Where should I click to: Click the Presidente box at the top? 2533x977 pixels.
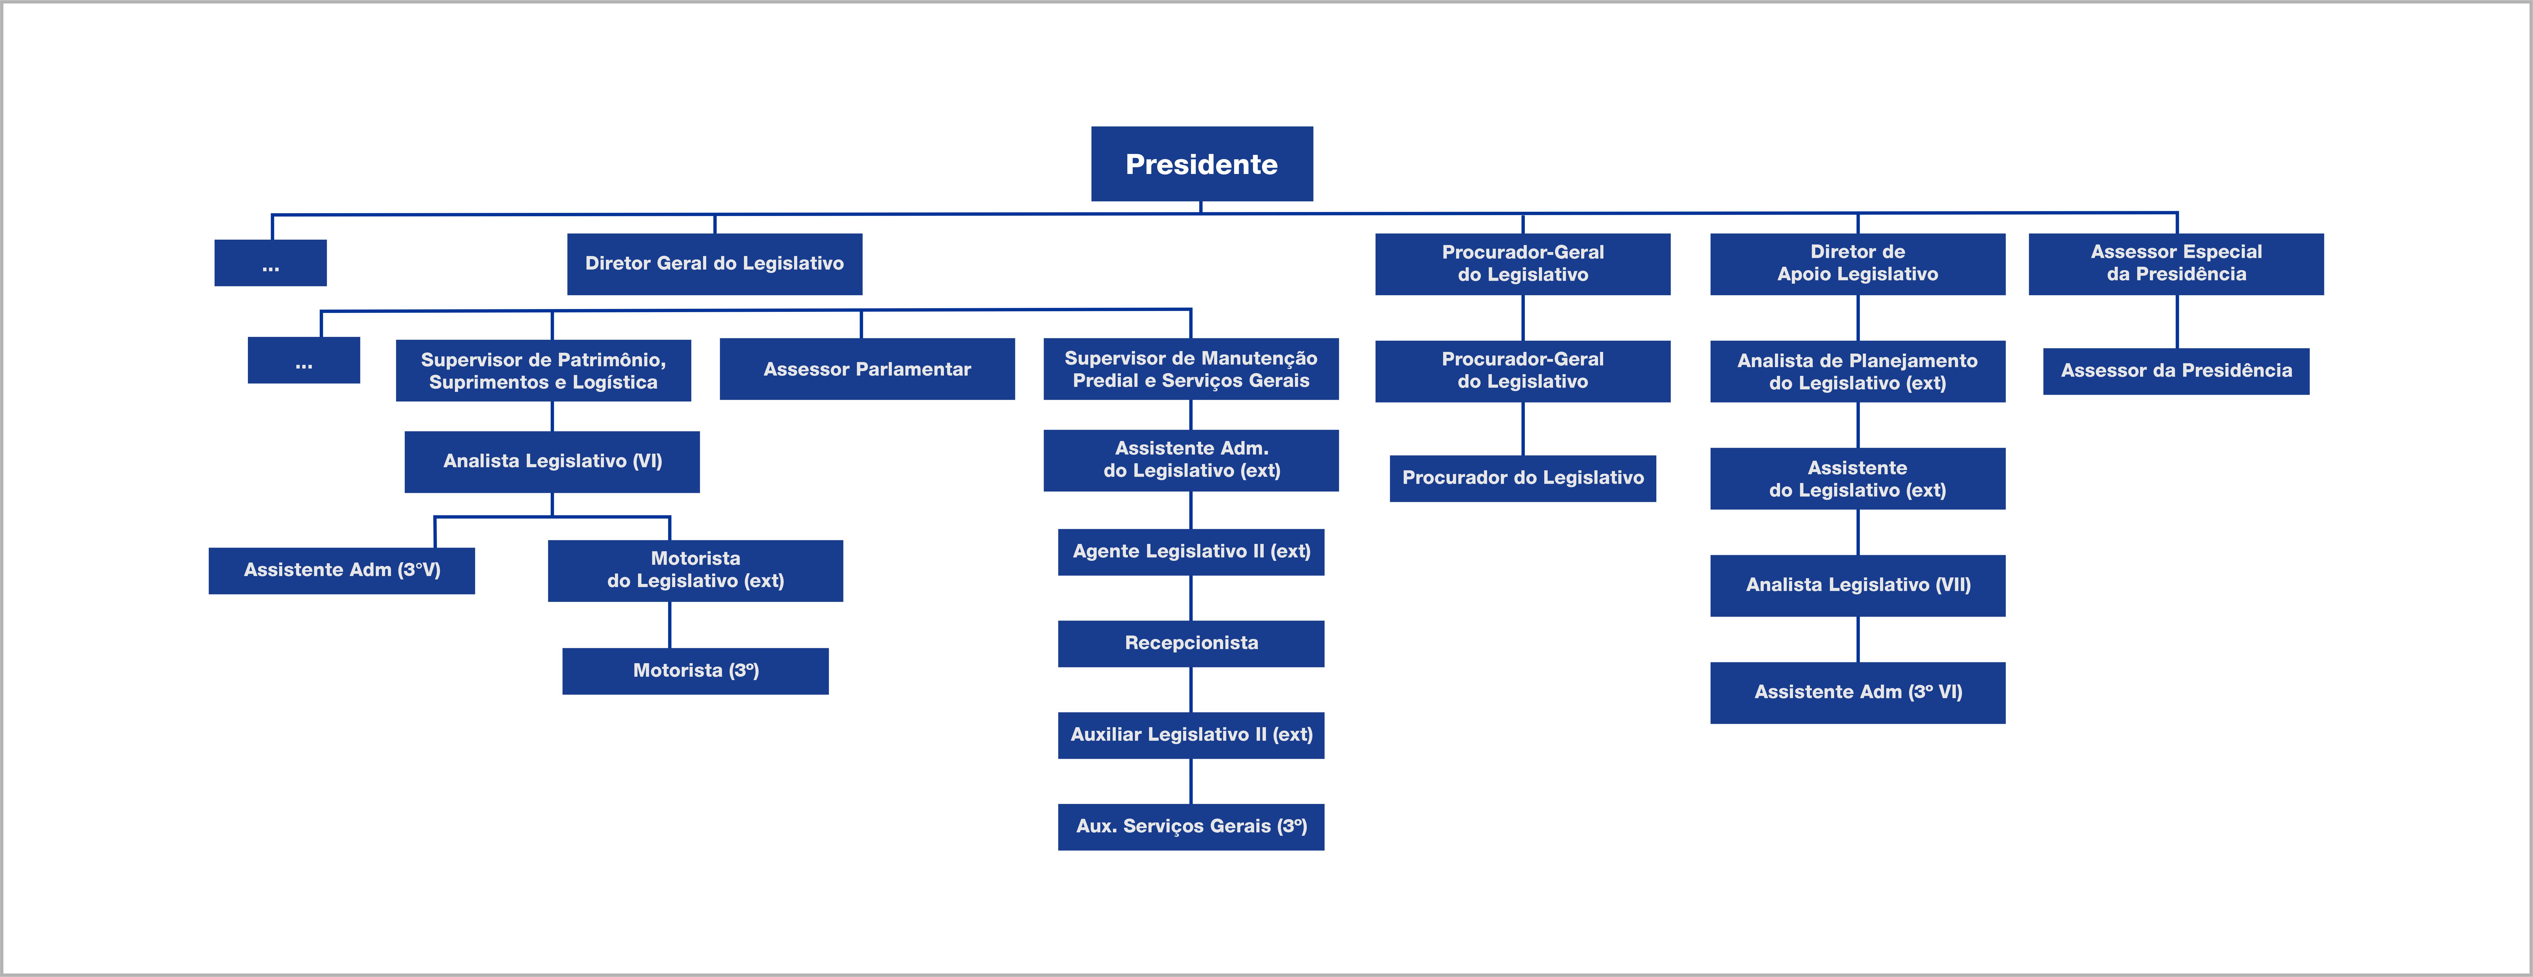(x=1202, y=163)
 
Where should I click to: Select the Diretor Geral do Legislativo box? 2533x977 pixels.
(x=715, y=264)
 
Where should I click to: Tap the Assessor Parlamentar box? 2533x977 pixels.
(x=867, y=369)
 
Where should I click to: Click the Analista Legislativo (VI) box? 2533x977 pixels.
(x=553, y=462)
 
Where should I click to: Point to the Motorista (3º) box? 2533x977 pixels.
(x=695, y=671)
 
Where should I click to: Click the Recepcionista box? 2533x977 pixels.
(x=1191, y=643)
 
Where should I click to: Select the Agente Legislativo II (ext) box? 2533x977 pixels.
(x=1191, y=552)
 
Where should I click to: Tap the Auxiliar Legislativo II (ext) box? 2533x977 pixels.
(x=1191, y=735)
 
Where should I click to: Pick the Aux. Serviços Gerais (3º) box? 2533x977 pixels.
(x=1191, y=826)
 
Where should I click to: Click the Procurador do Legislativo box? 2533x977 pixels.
(x=1523, y=478)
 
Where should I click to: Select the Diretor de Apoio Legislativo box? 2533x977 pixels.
(x=1857, y=264)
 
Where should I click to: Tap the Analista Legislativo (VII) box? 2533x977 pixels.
(x=1857, y=585)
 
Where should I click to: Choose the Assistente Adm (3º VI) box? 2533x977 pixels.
(x=1857, y=693)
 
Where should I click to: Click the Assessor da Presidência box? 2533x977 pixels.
(x=2176, y=371)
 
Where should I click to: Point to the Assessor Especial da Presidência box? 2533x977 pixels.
(x=2176, y=264)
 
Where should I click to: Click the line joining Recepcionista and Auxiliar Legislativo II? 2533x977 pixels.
(x=1191, y=690)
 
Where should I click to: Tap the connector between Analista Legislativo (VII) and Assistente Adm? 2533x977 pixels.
(x=1857, y=639)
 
